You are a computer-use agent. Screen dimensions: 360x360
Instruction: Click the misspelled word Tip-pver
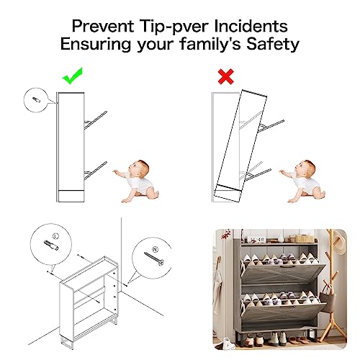click(x=173, y=27)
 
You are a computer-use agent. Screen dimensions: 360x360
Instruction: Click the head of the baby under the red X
click(x=308, y=173)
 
